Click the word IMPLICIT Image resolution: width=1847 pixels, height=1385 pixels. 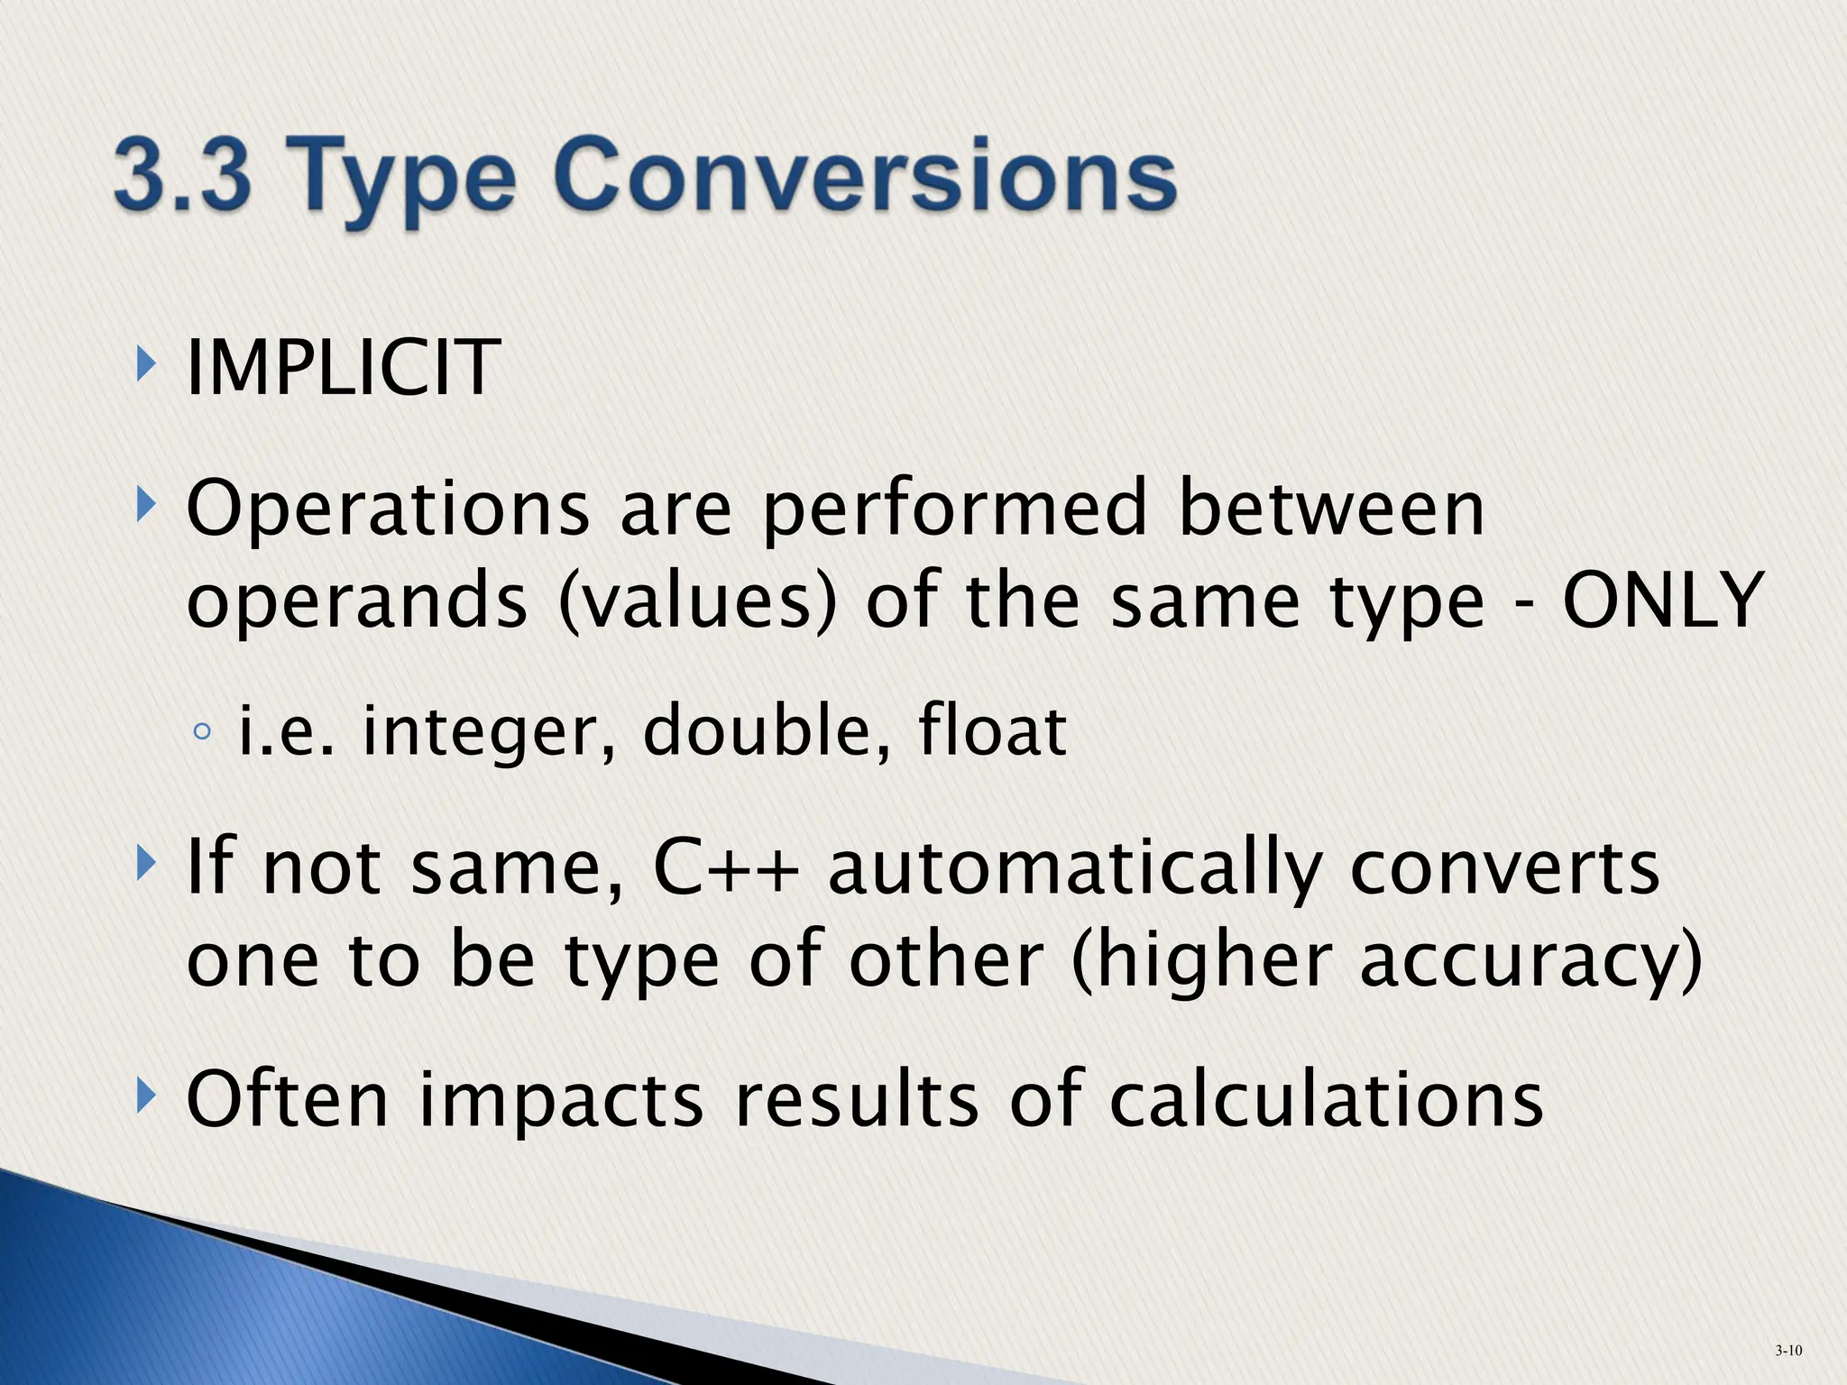(x=343, y=367)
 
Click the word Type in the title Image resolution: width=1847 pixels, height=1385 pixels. (x=406, y=180)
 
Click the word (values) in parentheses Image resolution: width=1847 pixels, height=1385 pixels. (x=698, y=602)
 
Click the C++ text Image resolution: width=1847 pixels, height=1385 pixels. (x=726, y=867)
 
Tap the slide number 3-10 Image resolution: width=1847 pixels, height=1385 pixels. (x=1788, y=1350)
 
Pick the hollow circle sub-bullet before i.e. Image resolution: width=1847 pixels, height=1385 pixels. (x=202, y=732)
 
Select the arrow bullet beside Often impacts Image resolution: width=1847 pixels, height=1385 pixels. (x=144, y=1098)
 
